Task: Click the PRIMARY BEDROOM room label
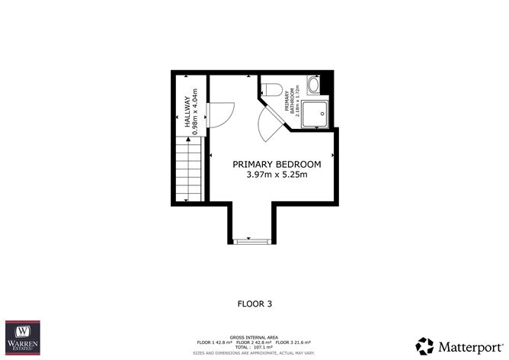[x=277, y=164]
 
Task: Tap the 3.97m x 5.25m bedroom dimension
[x=277, y=175]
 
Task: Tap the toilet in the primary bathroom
[x=272, y=88]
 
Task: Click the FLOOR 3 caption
[x=254, y=304]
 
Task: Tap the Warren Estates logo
[x=24, y=338]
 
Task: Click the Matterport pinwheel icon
[x=424, y=345]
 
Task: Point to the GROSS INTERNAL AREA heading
[x=254, y=336]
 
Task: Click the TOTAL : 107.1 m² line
[x=254, y=348]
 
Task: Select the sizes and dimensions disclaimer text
[x=254, y=354]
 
